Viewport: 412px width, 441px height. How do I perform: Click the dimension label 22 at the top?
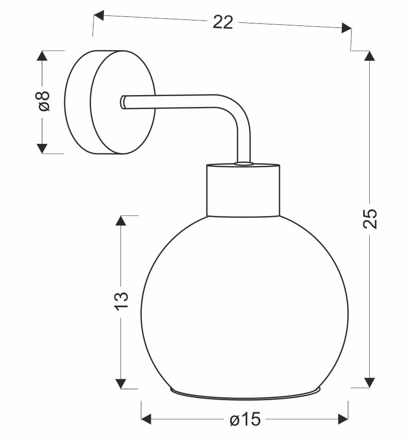coord(223,22)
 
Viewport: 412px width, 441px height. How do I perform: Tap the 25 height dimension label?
coord(370,219)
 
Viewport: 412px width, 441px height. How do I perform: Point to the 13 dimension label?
coord(121,301)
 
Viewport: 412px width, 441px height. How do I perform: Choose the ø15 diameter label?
coord(245,419)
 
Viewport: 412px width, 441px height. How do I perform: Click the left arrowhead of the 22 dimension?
coord(99,15)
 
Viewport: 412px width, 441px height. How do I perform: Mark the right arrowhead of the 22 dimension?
coord(346,28)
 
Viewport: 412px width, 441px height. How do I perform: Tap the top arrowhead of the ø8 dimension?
coord(42,56)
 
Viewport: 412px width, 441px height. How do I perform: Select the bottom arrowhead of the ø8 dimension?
coord(42,148)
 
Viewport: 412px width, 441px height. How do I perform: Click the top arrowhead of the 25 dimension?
coord(369,56)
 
